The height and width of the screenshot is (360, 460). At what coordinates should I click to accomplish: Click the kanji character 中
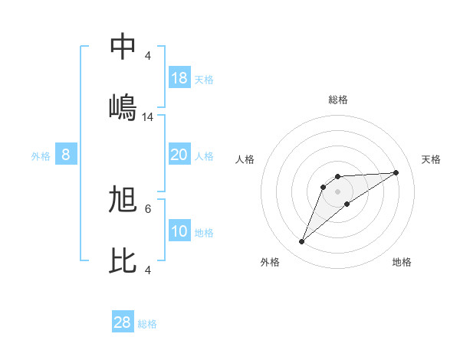[x=123, y=47]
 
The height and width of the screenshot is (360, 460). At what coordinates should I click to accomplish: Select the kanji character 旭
[x=123, y=201]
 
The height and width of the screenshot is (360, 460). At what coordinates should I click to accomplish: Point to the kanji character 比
[x=123, y=260]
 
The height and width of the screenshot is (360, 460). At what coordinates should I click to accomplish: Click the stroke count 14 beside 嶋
[x=148, y=117]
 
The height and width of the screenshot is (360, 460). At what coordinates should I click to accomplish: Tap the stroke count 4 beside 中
[x=148, y=56]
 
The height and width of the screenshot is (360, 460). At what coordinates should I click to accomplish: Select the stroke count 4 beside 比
[x=148, y=270]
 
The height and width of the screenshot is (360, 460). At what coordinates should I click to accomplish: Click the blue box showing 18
[x=179, y=78]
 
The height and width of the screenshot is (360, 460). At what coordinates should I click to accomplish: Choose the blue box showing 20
[x=179, y=155]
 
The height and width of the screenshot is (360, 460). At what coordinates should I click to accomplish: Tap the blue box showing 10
[x=179, y=231]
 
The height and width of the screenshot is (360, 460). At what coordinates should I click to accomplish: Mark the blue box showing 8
[x=66, y=155]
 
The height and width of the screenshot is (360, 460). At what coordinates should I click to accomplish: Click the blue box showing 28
[x=123, y=322]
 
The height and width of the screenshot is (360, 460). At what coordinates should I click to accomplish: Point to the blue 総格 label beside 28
[x=147, y=324]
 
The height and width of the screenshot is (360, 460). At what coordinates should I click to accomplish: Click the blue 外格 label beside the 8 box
[x=41, y=155]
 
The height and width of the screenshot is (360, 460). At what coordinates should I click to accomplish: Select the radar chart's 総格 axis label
[x=338, y=100]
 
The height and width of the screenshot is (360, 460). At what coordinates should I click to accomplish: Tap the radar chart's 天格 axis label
[x=431, y=159]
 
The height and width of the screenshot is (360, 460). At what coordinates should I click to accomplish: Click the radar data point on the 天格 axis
[x=396, y=172]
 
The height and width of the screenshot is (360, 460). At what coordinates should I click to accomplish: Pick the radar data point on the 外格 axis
[x=302, y=242]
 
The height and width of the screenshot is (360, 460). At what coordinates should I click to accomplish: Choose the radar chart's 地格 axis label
[x=402, y=262]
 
